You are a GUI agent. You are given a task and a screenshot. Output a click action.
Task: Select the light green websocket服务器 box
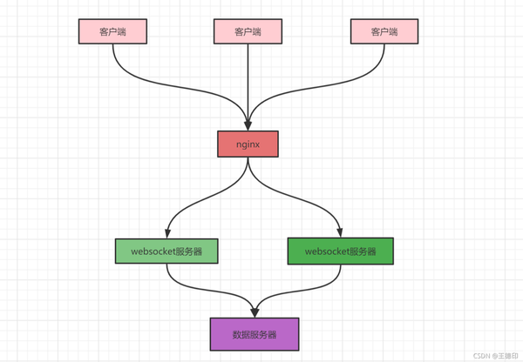[x=166, y=251]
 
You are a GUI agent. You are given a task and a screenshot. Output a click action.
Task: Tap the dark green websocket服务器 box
[x=340, y=251]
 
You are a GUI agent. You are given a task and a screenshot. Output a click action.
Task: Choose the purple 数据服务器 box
[x=255, y=334]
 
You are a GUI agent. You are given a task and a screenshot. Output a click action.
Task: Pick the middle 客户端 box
[x=248, y=31]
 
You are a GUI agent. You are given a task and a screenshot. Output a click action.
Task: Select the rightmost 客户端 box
[x=384, y=31]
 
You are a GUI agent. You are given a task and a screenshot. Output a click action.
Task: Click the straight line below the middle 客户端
[x=248, y=78]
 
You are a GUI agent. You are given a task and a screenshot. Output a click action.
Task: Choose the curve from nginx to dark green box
[x=301, y=197]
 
